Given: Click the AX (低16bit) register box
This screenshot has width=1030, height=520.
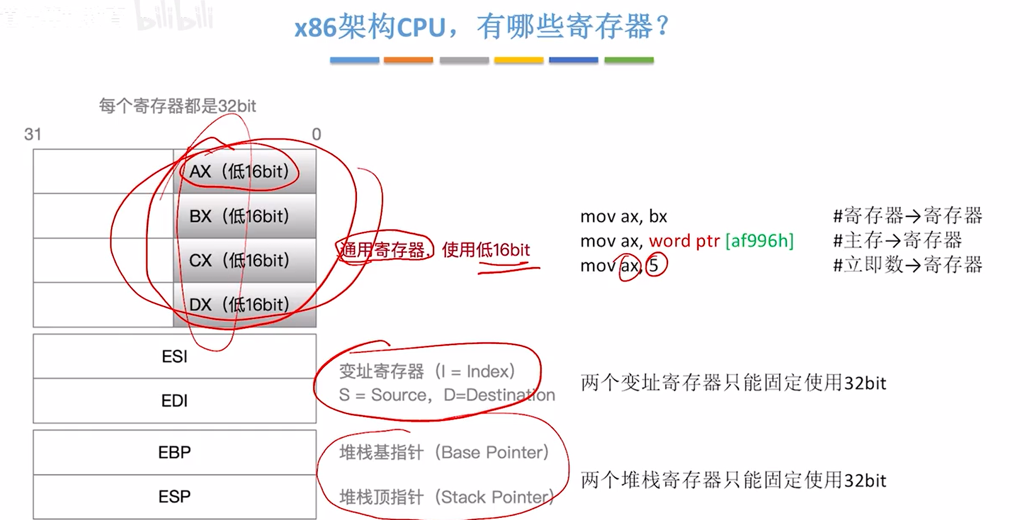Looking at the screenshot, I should (244, 171).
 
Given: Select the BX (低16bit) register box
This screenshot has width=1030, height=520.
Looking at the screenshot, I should (244, 216).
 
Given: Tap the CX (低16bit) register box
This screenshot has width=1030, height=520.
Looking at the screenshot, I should (244, 260).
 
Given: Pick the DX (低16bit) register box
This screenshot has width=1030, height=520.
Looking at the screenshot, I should (244, 305).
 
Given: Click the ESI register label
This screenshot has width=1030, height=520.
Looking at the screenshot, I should (174, 356).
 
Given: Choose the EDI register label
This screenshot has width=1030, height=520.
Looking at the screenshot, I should (174, 400).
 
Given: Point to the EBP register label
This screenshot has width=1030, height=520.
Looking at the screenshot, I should (174, 452).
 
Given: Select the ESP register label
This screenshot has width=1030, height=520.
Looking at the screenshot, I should (174, 496).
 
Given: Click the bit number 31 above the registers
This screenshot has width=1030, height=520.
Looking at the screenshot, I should (33, 134).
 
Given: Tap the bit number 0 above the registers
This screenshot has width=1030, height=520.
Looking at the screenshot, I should (316, 134).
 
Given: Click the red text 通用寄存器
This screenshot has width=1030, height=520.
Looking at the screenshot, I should (384, 250).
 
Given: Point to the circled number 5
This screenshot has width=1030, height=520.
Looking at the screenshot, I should (654, 265).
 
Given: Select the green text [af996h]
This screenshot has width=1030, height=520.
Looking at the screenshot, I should (760, 241).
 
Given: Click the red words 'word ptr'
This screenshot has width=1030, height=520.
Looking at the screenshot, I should (684, 241).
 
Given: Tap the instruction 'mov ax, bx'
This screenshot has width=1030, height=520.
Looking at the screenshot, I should (623, 216).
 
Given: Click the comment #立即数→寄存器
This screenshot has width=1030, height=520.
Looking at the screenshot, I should (907, 265).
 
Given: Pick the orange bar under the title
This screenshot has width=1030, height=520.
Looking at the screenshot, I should (408, 60).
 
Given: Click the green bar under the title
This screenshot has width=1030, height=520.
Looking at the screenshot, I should (629, 60).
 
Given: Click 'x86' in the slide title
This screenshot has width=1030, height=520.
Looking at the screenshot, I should (315, 27).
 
